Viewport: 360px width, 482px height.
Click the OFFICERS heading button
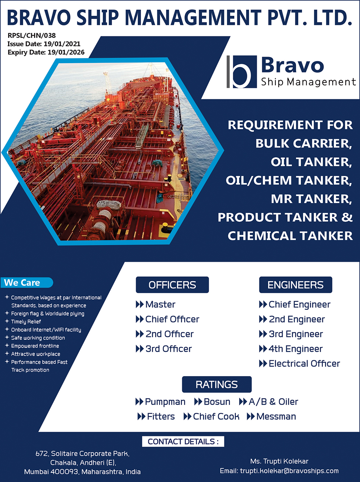[172, 285]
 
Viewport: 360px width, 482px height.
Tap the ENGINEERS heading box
[295, 285]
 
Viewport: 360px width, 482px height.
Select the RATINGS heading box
[217, 385]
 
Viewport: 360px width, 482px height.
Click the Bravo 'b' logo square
[242, 72]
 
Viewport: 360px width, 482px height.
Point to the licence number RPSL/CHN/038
[32, 35]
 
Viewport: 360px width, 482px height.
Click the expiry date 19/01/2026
[66, 52]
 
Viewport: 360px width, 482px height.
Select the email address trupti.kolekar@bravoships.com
[289, 471]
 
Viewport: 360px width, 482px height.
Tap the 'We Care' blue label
[27, 283]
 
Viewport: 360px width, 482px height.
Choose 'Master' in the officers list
[161, 304]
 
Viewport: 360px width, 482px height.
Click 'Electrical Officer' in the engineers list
[304, 364]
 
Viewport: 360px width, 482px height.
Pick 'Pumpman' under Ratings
[165, 402]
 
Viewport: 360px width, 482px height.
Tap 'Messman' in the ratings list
[276, 417]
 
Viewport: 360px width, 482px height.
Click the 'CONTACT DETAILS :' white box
[183, 442]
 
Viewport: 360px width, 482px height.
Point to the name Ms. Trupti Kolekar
[279, 461]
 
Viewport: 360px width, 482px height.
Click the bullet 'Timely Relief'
[26, 322]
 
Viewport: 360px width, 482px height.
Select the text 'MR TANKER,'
[311, 199]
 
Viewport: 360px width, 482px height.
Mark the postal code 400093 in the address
[65, 472]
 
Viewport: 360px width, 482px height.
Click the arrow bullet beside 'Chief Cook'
[187, 417]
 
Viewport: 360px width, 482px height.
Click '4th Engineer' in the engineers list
[295, 349]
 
